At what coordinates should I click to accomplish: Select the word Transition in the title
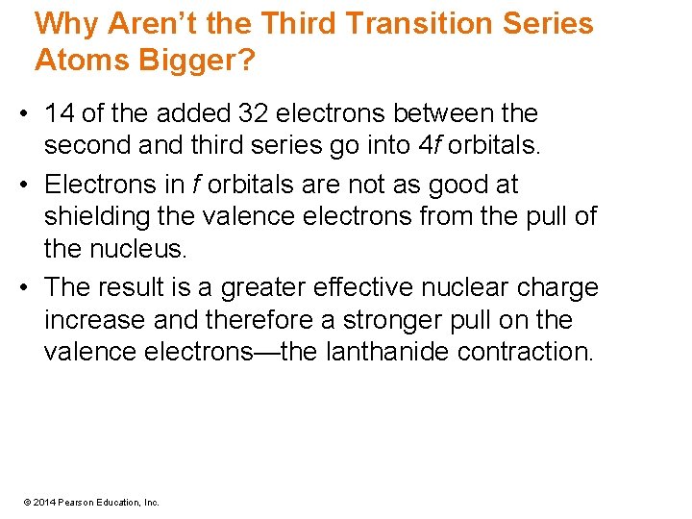pyautogui.click(x=416, y=23)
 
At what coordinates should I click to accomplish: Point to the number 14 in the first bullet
pyautogui.click(x=60, y=113)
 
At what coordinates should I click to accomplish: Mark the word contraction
pyautogui.click(x=526, y=352)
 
